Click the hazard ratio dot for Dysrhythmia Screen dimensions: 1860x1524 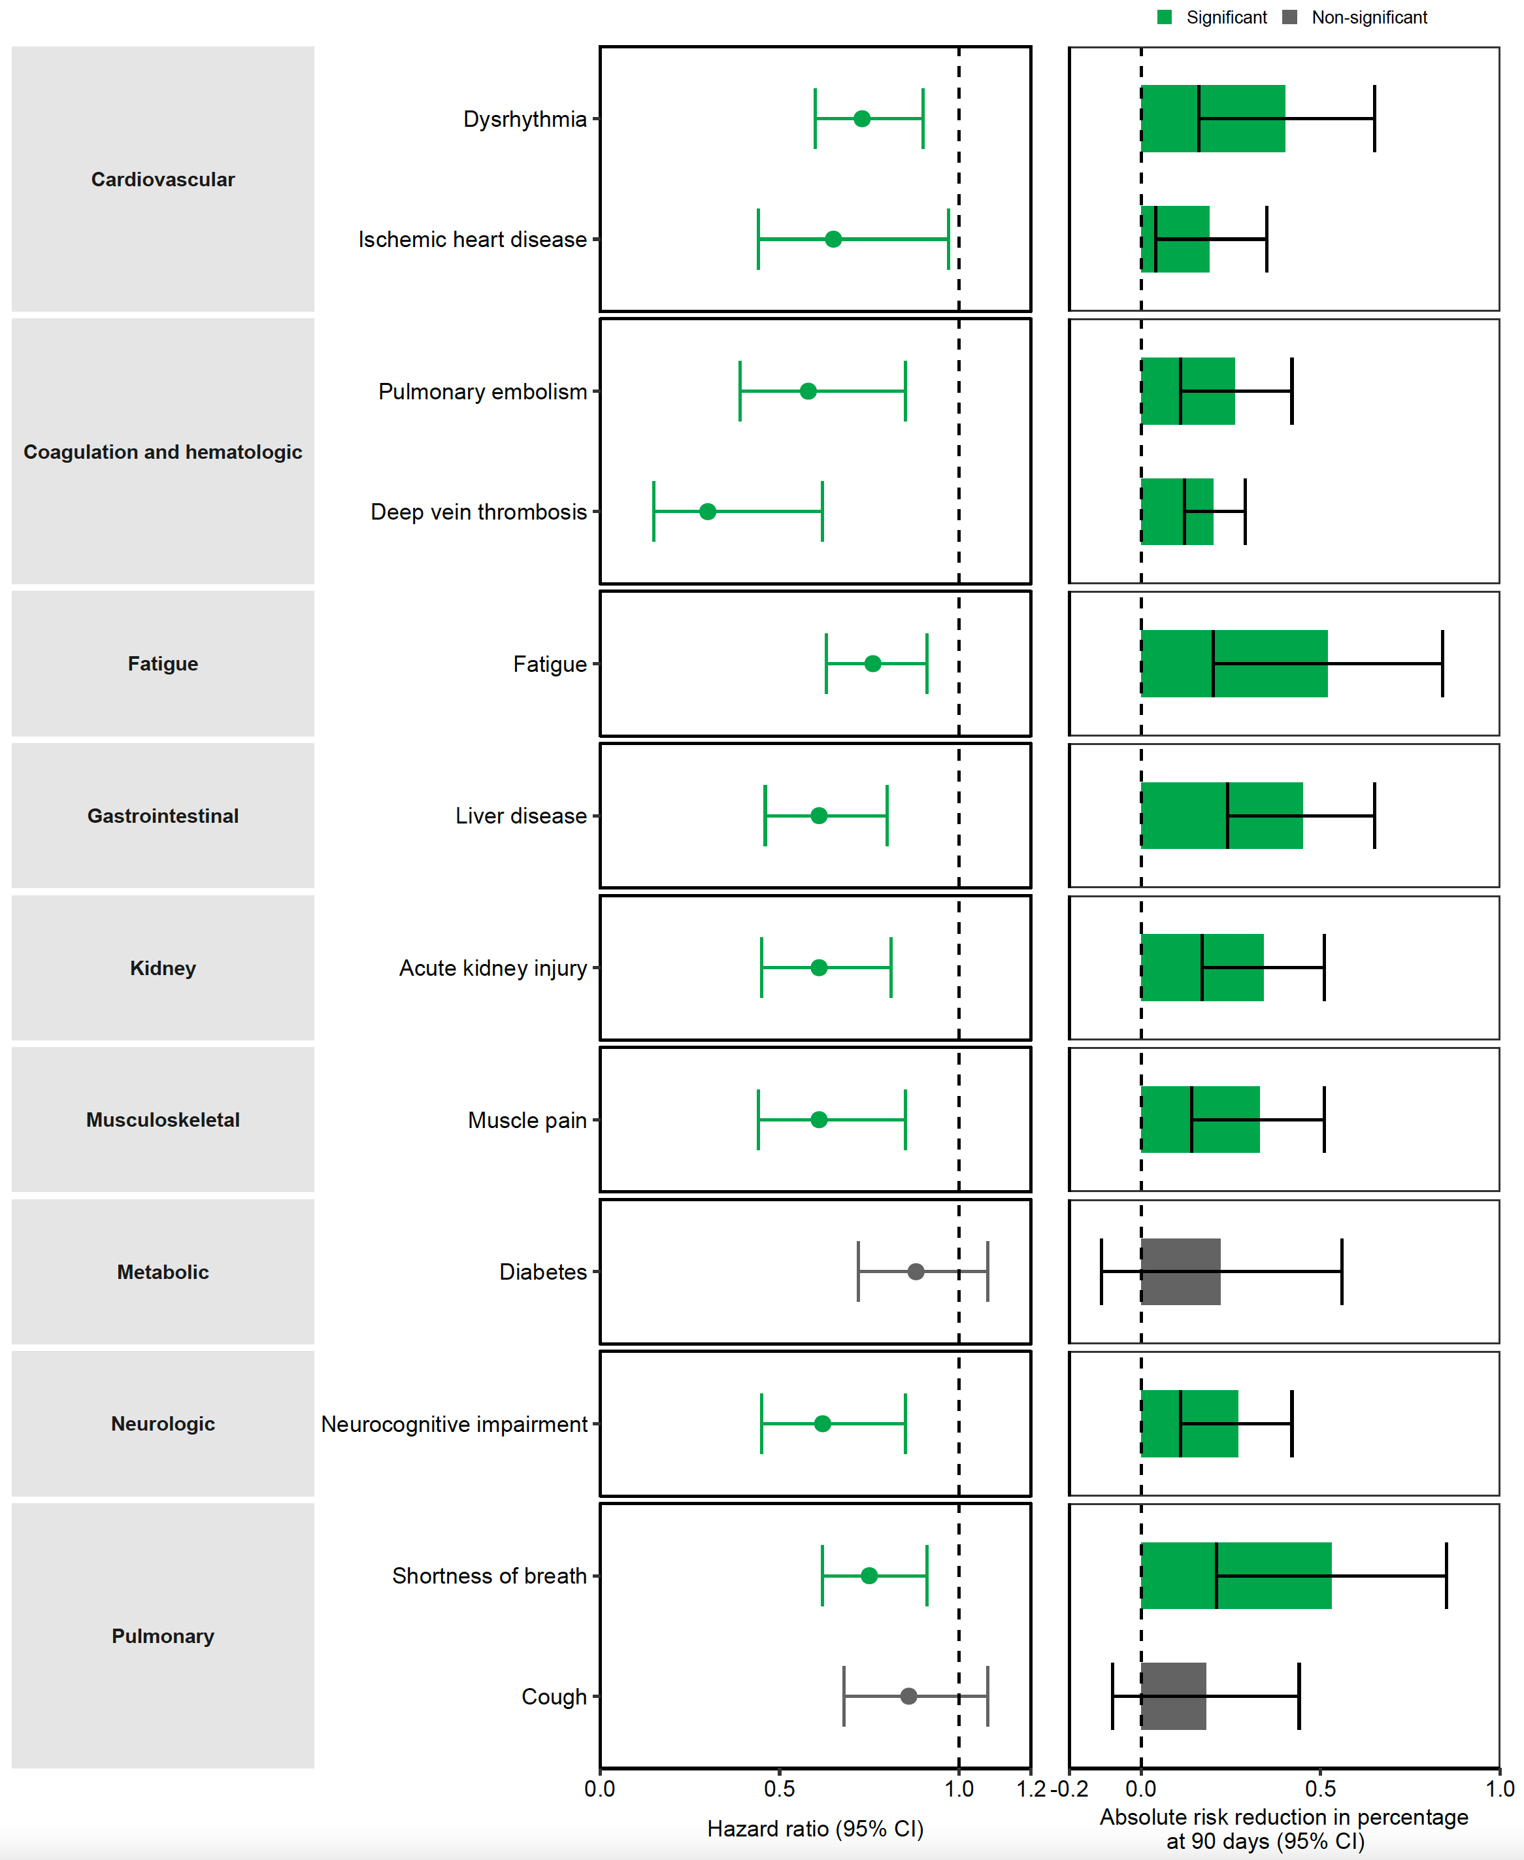tap(861, 118)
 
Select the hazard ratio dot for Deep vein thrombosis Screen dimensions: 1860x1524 tap(708, 512)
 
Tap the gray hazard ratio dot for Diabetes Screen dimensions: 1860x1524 tap(916, 1272)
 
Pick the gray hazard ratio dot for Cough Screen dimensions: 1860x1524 tap(908, 1696)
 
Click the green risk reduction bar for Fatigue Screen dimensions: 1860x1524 tap(1233, 663)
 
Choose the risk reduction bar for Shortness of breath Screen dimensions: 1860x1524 tap(1235, 1576)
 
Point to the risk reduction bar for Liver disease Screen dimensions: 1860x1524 tap(1221, 816)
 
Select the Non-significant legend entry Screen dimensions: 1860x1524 tap(1356, 18)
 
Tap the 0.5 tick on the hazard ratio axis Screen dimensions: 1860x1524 tap(780, 1789)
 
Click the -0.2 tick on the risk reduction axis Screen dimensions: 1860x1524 tap(1070, 1789)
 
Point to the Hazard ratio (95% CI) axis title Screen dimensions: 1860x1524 tap(815, 1829)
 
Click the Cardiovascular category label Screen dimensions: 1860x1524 tap(163, 179)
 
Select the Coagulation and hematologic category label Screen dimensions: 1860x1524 tap(163, 452)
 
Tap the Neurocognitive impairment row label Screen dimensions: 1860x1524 tap(454, 1423)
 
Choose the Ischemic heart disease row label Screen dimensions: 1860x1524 tap(472, 240)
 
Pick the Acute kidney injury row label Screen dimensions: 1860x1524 tap(493, 968)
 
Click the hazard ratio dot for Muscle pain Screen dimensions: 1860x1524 tap(819, 1120)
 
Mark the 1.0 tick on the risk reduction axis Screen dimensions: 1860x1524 tap(1499, 1789)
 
